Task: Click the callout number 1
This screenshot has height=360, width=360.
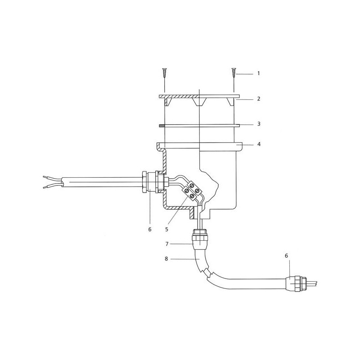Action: (258, 73)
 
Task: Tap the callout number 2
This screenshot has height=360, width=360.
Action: (259, 99)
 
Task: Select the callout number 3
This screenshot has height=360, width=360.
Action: (259, 124)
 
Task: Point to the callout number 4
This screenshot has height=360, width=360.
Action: (259, 144)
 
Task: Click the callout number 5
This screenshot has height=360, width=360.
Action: (166, 229)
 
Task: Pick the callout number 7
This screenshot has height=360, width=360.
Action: (167, 244)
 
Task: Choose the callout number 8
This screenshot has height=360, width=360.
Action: (166, 259)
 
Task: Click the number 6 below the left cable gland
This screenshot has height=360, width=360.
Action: (150, 229)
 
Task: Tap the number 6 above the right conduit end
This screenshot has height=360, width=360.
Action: (286, 256)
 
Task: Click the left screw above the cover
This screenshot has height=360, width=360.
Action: (165, 73)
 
